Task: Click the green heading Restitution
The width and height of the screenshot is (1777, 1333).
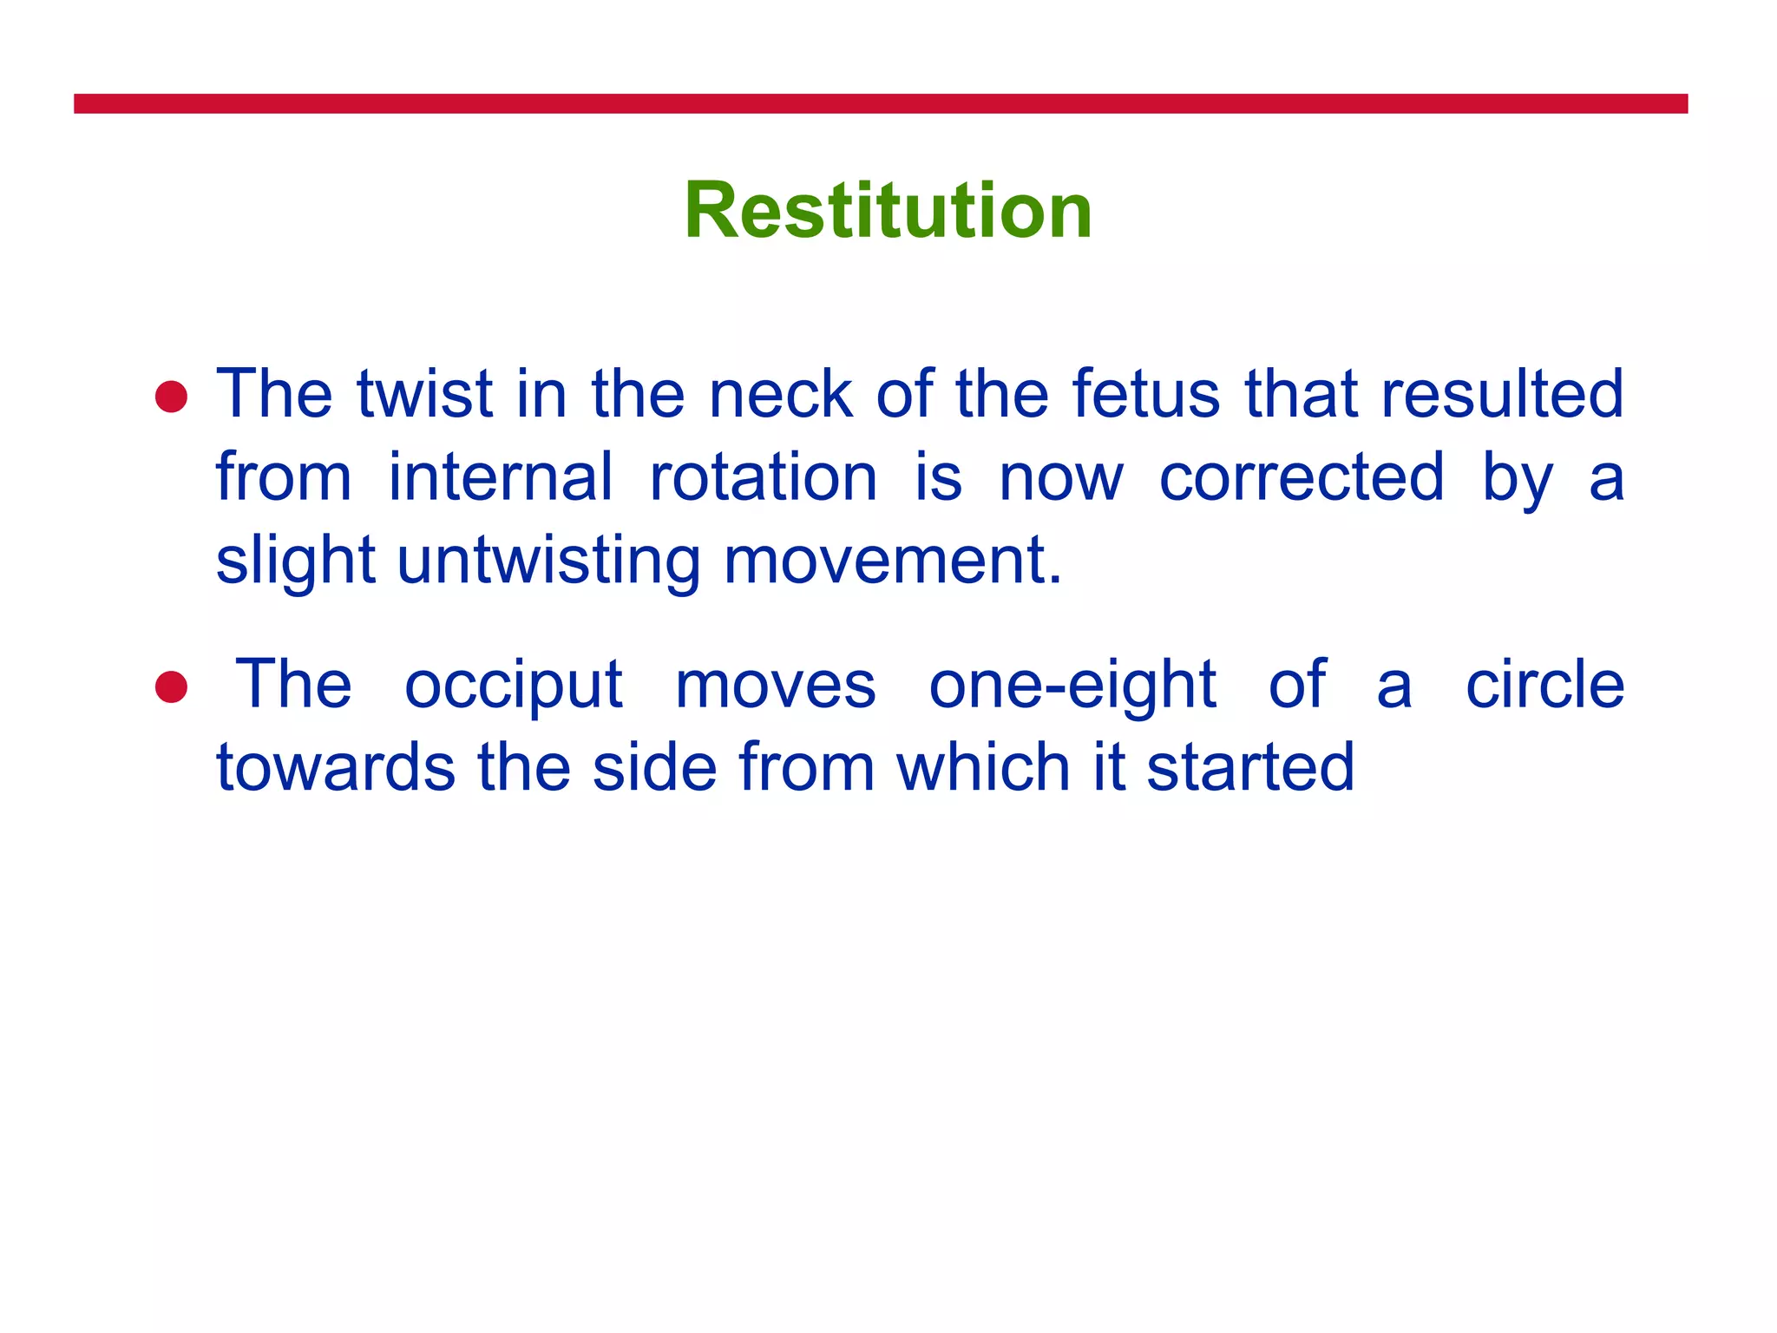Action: click(888, 210)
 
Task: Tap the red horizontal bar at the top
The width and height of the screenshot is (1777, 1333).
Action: click(880, 103)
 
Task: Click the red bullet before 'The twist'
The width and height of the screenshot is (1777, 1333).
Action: click(171, 397)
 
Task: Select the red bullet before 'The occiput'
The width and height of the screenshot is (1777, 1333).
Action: click(171, 686)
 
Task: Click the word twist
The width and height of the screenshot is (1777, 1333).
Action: click(424, 394)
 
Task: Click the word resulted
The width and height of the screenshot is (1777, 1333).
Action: click(1501, 394)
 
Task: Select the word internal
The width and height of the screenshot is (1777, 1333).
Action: click(500, 477)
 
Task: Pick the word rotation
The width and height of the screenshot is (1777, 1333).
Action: click(763, 477)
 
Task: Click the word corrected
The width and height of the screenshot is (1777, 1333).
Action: click(1302, 477)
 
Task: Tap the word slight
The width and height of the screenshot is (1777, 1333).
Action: click(295, 562)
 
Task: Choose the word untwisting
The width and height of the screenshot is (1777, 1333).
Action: click(548, 562)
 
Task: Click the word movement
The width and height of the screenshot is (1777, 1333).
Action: click(892, 561)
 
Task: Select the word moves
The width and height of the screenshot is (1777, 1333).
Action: click(775, 686)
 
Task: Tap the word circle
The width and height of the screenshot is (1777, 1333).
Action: click(1544, 684)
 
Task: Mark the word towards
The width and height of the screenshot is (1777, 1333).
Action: click(335, 767)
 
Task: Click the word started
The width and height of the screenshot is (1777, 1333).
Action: click(1249, 767)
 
